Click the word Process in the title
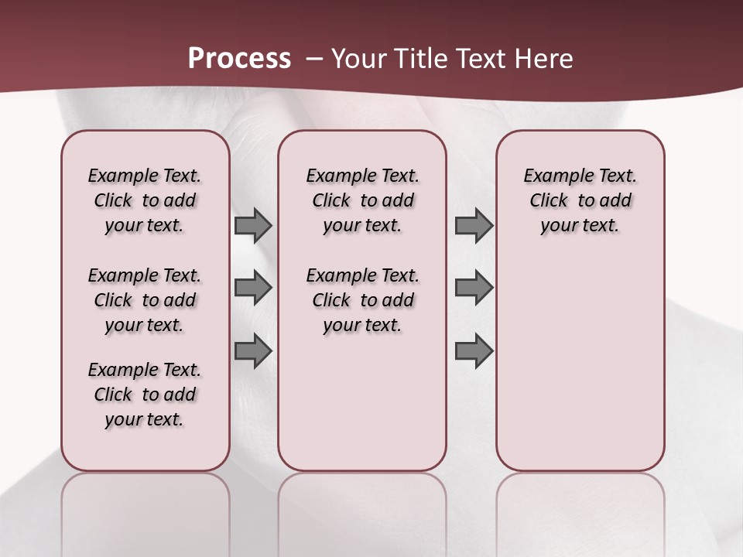pyautogui.click(x=239, y=59)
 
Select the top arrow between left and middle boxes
pyautogui.click(x=253, y=226)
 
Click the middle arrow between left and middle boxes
pyautogui.click(x=253, y=288)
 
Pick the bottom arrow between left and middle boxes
pyautogui.click(x=253, y=351)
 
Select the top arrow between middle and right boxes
pyautogui.click(x=474, y=226)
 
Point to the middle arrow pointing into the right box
pyautogui.click(x=474, y=288)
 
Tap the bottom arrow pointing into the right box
pyautogui.click(x=474, y=351)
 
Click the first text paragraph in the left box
pyautogui.click(x=145, y=200)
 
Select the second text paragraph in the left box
pyautogui.click(x=145, y=300)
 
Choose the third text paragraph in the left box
pyautogui.click(x=145, y=395)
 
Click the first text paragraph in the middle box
pyautogui.click(x=362, y=200)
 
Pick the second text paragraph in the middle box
pyautogui.click(x=362, y=300)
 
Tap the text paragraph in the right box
pyautogui.click(x=580, y=200)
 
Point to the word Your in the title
pyautogui.click(x=358, y=59)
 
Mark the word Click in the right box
pyautogui.click(x=549, y=201)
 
